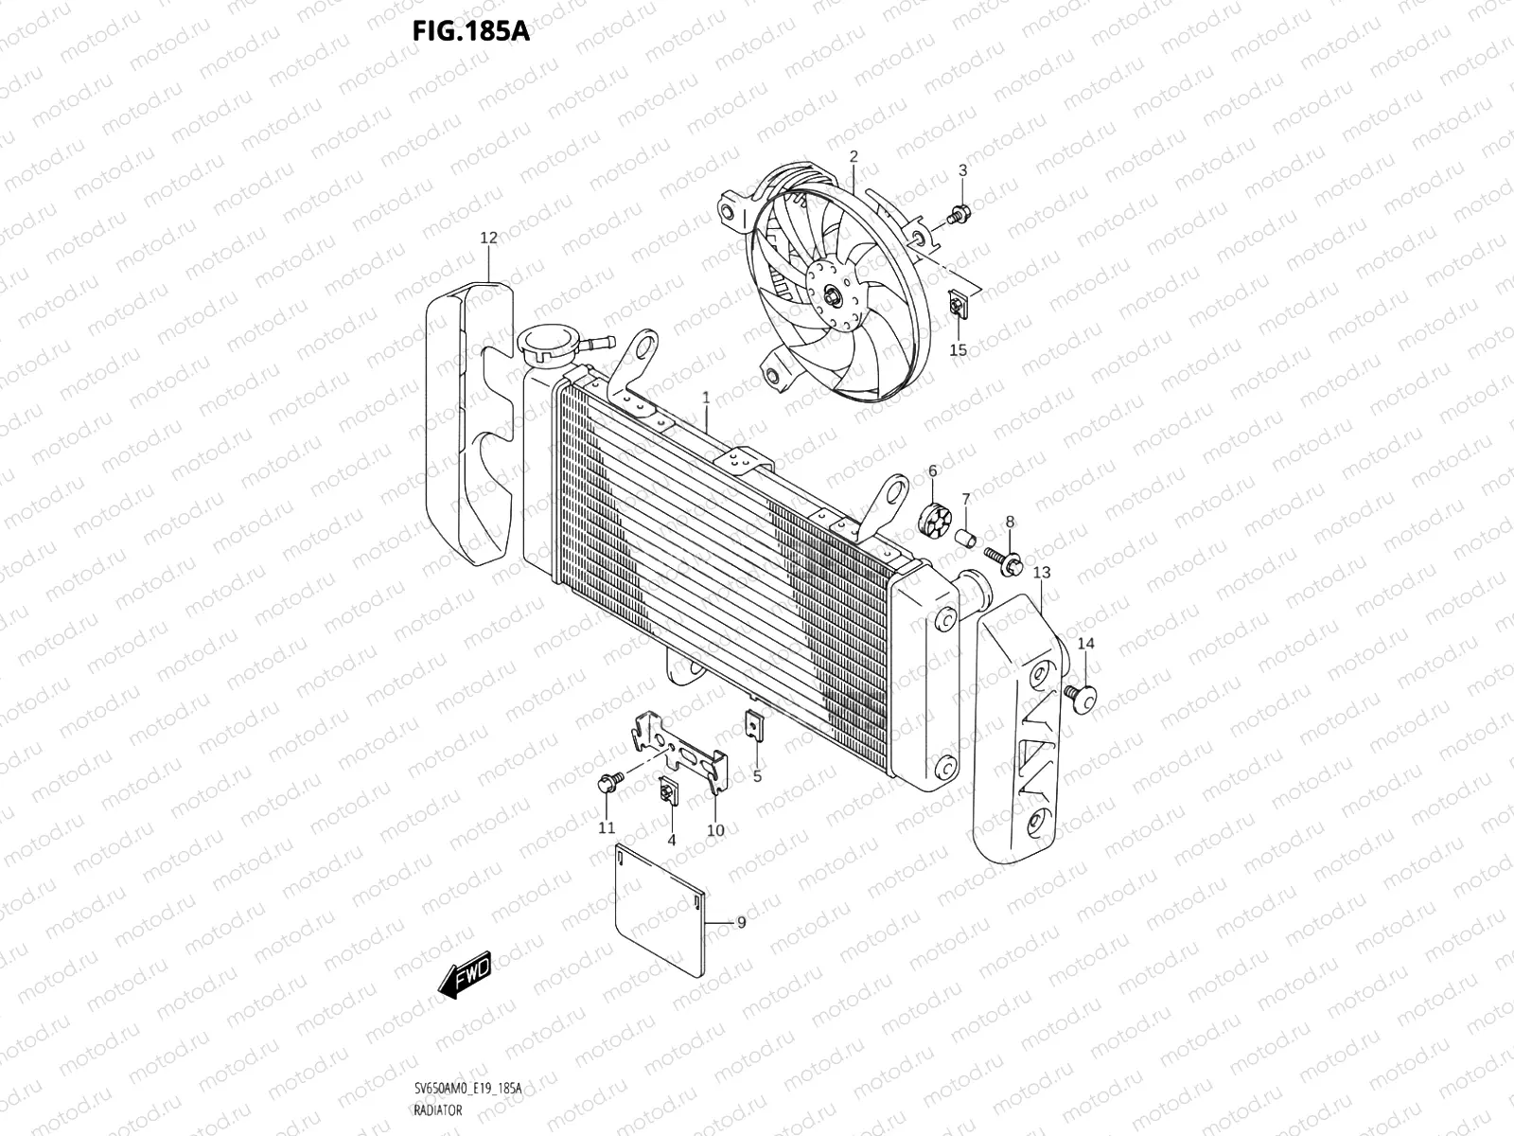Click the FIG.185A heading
470,30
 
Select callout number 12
488,238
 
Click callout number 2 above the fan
853,156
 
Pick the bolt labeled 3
958,216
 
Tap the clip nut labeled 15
958,306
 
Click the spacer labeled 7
966,539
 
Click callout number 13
1041,573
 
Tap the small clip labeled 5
754,728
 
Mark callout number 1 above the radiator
706,398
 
